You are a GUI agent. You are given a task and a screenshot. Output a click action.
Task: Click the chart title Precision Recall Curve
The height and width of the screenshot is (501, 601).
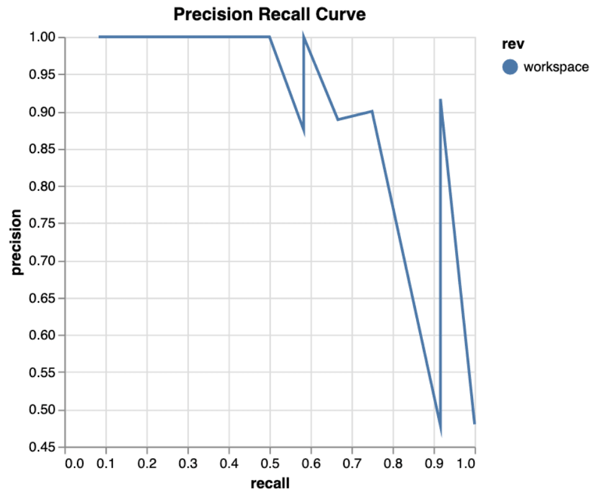coord(269,14)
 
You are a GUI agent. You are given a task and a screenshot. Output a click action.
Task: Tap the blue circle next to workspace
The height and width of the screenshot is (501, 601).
coord(510,67)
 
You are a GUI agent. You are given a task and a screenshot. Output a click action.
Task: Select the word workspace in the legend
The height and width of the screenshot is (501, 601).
coord(556,67)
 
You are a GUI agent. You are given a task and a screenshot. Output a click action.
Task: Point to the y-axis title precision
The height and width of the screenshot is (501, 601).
coord(17,242)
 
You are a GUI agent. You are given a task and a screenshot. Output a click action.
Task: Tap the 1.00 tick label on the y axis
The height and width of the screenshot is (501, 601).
coord(43,38)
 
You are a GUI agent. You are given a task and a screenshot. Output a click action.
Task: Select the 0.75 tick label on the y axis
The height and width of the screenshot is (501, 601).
coord(43,224)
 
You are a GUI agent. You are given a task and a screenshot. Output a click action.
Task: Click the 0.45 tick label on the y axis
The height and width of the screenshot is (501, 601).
coord(43,447)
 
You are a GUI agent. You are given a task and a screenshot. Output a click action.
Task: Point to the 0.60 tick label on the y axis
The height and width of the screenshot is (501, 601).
coord(43,335)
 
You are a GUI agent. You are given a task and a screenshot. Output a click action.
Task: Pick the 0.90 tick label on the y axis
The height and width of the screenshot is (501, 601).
coord(43,112)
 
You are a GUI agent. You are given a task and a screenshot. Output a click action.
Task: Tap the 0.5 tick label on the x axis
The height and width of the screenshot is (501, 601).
coord(270,463)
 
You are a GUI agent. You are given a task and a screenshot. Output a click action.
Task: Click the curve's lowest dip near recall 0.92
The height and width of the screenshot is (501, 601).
coord(440,432)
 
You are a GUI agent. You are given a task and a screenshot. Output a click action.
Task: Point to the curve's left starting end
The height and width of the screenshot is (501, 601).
coord(99,37)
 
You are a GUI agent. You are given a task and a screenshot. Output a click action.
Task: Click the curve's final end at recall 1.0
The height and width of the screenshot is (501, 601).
coord(474,423)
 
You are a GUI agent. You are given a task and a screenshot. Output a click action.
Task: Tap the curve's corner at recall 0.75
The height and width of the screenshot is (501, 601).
coord(372,112)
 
